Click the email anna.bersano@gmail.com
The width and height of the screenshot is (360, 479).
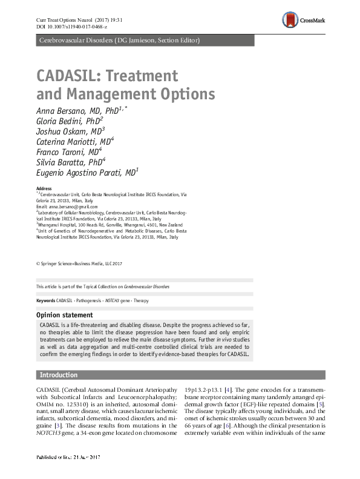click(73, 207)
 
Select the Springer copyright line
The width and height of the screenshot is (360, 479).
click(79, 264)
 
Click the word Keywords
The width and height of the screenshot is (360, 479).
click(46, 301)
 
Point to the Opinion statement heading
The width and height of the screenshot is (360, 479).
click(64, 315)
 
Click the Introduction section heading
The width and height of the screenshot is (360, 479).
click(58, 375)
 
